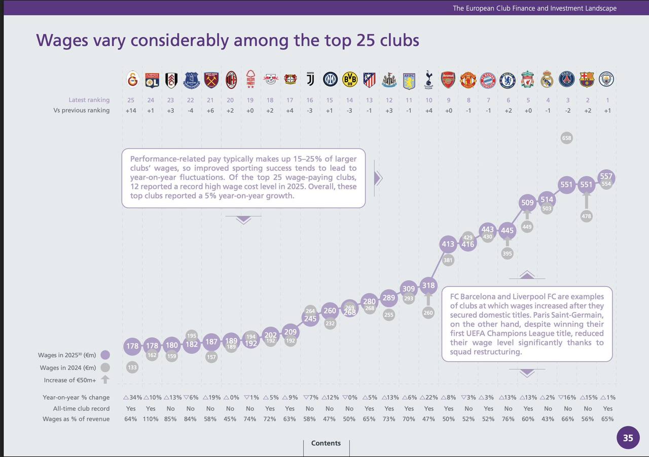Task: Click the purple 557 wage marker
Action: (x=606, y=177)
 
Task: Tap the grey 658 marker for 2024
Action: (x=567, y=138)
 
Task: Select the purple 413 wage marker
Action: (x=448, y=244)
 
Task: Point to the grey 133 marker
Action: (x=132, y=368)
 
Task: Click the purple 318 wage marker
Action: (x=428, y=285)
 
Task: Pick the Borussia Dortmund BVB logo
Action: (x=350, y=80)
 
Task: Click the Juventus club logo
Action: (x=310, y=80)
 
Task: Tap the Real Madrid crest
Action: (x=547, y=80)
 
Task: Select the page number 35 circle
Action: (x=628, y=438)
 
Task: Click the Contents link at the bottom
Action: (x=326, y=443)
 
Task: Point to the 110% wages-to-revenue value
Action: (x=151, y=419)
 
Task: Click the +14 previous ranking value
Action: (x=131, y=110)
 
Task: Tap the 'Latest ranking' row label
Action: (x=89, y=100)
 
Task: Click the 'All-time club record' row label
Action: (x=81, y=408)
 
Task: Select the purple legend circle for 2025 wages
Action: (x=105, y=355)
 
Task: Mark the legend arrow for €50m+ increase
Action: (x=105, y=379)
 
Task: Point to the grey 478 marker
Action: (x=586, y=216)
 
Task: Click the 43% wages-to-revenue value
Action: (x=548, y=419)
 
